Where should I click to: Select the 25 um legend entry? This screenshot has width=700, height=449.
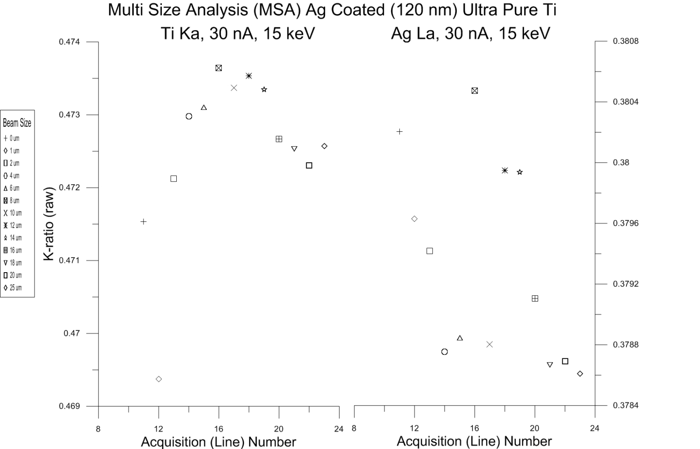point(12,288)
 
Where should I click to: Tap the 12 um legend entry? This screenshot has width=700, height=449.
point(12,226)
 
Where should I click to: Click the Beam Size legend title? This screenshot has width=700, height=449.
point(17,123)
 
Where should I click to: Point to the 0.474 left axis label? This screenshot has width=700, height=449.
point(70,42)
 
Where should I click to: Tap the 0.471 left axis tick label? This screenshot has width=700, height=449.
point(70,261)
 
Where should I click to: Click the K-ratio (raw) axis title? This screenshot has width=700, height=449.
point(49,224)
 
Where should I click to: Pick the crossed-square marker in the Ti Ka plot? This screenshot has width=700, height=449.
point(219,68)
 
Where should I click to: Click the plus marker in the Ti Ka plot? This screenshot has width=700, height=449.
point(143,222)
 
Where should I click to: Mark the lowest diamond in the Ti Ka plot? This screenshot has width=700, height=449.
point(159,379)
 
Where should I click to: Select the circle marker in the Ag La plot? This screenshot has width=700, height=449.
point(444,352)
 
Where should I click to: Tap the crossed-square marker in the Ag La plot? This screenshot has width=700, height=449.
point(475,91)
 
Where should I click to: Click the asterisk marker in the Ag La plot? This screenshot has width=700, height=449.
point(505,170)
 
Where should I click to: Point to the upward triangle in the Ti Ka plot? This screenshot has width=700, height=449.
point(204,108)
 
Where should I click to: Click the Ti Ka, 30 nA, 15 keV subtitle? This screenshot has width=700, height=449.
point(238,34)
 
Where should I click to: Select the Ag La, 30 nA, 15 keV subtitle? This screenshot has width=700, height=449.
point(470,34)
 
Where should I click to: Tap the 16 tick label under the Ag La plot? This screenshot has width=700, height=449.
point(475,429)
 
